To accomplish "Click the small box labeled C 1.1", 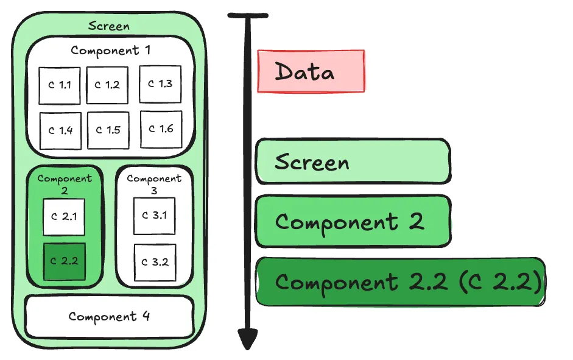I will click(60, 85).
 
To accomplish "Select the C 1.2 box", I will click(107, 85).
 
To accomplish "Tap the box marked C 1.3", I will click(160, 84).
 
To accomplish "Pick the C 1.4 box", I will click(60, 130).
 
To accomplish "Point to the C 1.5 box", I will click(108, 130).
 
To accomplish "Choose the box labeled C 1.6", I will click(161, 129).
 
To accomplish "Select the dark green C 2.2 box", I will click(64, 261).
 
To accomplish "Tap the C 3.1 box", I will click(154, 216).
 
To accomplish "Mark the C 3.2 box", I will click(155, 263).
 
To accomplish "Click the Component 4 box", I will click(109, 316).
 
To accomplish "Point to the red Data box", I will click(311, 72).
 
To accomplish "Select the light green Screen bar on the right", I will click(353, 162).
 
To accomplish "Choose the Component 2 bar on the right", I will click(353, 221).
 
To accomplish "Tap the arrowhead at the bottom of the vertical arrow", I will click(247, 339).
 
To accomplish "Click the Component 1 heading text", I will click(110, 51).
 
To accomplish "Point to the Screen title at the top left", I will click(109, 26).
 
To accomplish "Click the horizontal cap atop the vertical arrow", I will click(247, 16).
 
